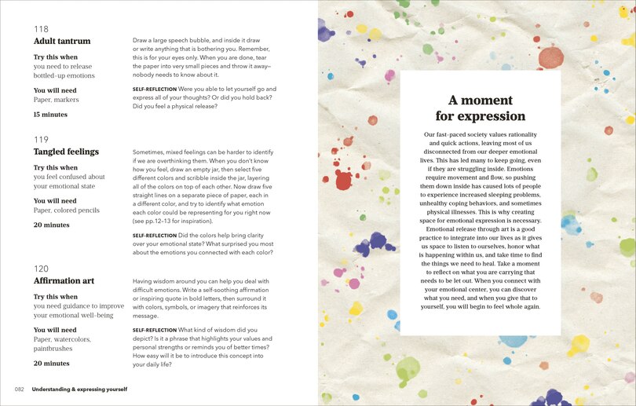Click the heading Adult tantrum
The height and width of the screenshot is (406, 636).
(62, 41)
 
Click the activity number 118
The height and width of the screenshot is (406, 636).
(41, 29)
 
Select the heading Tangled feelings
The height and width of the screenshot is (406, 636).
(66, 152)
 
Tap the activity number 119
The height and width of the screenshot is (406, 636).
(41, 140)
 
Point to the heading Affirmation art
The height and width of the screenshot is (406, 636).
(64, 280)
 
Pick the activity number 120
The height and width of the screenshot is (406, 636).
(41, 269)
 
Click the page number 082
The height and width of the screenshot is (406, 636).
(20, 389)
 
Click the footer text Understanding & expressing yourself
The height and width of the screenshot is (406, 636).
(79, 389)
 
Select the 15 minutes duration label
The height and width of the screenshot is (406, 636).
(50, 115)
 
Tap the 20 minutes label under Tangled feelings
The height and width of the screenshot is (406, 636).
(51, 225)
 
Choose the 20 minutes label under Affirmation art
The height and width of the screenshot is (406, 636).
(51, 364)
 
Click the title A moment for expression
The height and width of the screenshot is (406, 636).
(481, 108)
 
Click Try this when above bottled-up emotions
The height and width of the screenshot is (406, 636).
(56, 57)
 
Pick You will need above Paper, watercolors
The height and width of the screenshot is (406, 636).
(55, 330)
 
